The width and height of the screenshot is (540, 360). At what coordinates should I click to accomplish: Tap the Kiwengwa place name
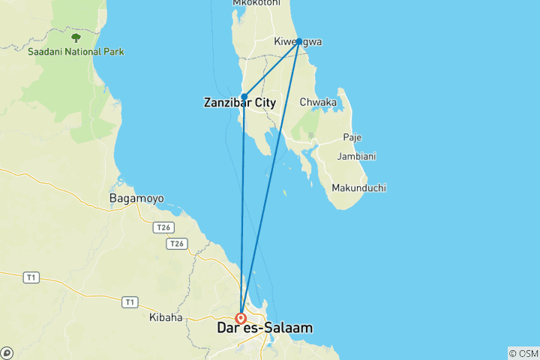click(298, 42)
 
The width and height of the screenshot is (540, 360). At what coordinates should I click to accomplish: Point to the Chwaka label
click(317, 102)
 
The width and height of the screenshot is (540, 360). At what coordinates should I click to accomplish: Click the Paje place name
click(352, 137)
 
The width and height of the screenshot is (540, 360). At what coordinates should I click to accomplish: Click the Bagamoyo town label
click(136, 199)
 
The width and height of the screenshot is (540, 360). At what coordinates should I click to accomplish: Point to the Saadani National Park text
click(76, 52)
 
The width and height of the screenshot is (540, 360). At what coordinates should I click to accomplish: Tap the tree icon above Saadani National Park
click(75, 37)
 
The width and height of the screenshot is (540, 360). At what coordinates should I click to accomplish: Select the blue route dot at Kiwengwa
click(298, 41)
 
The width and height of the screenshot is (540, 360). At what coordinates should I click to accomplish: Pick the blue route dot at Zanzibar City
click(244, 97)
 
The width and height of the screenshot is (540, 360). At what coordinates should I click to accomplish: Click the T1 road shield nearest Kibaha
click(130, 301)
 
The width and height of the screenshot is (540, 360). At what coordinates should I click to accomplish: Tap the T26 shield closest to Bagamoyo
click(162, 226)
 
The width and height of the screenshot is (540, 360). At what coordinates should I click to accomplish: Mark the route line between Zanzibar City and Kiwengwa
click(271, 69)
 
